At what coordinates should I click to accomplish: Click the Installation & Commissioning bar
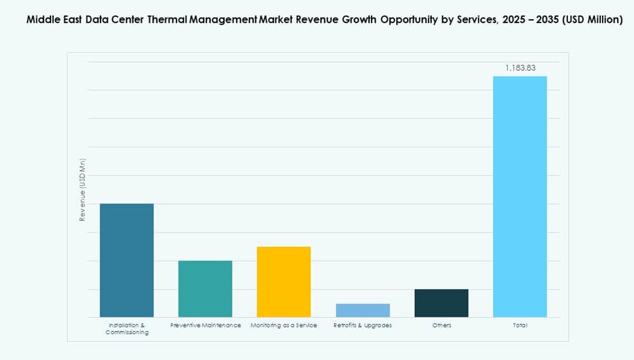pos(126,260)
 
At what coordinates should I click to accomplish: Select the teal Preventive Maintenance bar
pos(205,288)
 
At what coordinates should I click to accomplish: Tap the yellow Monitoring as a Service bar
pos(284,282)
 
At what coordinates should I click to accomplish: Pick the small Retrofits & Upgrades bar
pos(362,310)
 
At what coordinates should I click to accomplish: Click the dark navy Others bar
pos(441,303)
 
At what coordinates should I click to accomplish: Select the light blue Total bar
pos(520,196)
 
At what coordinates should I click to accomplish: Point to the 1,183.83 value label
pos(520,68)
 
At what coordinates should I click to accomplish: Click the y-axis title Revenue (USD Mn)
pos(82,190)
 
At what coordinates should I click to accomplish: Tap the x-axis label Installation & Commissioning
pos(126,329)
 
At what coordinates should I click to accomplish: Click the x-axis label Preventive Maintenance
pos(205,325)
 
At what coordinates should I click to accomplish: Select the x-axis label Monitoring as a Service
pos(284,325)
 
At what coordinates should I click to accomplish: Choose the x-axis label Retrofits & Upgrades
pos(362,325)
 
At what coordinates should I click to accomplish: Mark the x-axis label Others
pos(441,325)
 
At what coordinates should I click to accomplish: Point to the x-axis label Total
pos(520,325)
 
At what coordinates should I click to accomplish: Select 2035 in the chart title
pos(542,20)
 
